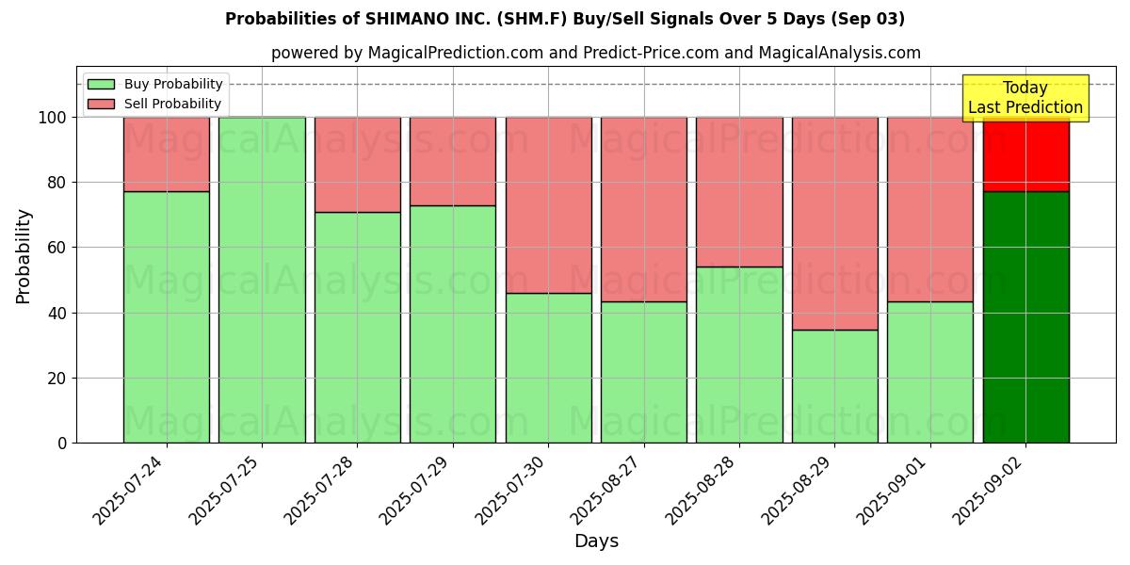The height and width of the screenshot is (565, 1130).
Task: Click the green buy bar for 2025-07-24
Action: [x=167, y=316]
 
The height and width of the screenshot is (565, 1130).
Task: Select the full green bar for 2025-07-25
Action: [x=262, y=280]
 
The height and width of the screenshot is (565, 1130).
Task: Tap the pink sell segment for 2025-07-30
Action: [x=548, y=204]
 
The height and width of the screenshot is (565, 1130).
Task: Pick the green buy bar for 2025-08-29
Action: [x=834, y=386]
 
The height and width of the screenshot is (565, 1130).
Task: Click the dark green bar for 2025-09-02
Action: [x=1025, y=316]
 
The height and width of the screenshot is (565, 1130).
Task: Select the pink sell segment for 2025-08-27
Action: [x=644, y=209]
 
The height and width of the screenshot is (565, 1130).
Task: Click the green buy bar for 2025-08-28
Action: [x=739, y=354]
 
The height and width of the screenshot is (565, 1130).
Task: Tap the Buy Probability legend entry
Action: [x=155, y=85]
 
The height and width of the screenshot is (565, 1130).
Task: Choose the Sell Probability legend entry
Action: [x=155, y=104]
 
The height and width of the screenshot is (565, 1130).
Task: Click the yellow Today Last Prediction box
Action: [x=1025, y=98]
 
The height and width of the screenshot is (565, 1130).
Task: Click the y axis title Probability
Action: [x=24, y=256]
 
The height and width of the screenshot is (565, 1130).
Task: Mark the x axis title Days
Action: [x=596, y=541]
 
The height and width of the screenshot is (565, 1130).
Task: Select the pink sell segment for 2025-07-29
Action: [x=453, y=161]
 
